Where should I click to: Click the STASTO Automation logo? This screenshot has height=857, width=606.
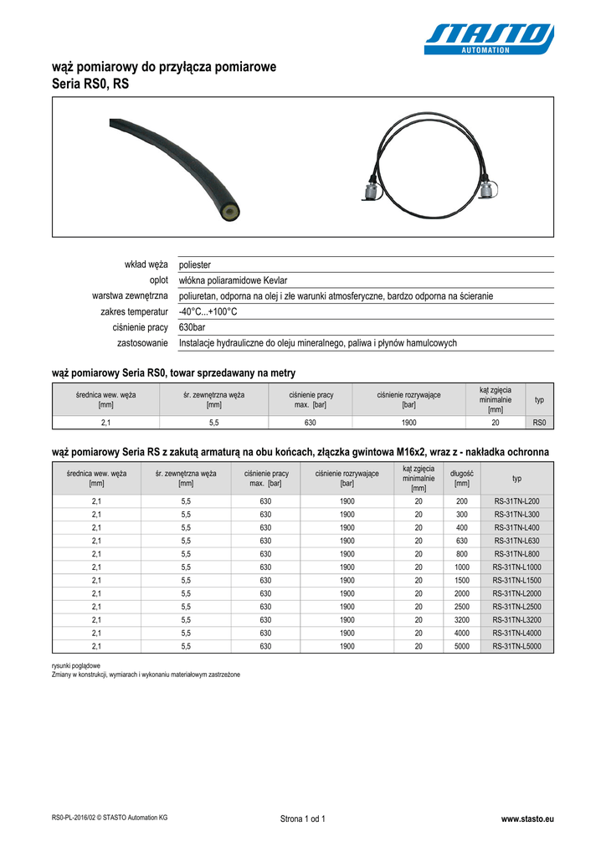pos(489,38)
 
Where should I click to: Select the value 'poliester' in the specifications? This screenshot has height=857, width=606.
pos(195,265)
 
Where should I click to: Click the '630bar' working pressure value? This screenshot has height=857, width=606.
pos(193,327)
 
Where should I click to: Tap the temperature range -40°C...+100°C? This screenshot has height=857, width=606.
pos(208,312)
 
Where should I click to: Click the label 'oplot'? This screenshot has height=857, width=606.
pos(159,280)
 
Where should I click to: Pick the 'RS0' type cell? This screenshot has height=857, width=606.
pos(539,423)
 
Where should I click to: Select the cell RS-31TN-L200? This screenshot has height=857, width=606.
pos(516,500)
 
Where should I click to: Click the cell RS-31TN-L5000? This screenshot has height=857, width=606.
pos(516,646)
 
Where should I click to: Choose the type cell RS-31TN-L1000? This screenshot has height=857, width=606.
pos(516,567)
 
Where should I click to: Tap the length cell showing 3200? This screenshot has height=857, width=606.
pos(461,619)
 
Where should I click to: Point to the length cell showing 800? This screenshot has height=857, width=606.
pos(461,553)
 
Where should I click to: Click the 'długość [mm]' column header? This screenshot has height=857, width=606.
pos(461,478)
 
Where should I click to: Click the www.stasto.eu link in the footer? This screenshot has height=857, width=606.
pos(526,818)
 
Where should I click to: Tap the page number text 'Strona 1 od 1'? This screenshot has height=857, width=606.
pos(302,818)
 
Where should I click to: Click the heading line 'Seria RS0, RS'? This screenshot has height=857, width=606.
pos(90,85)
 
